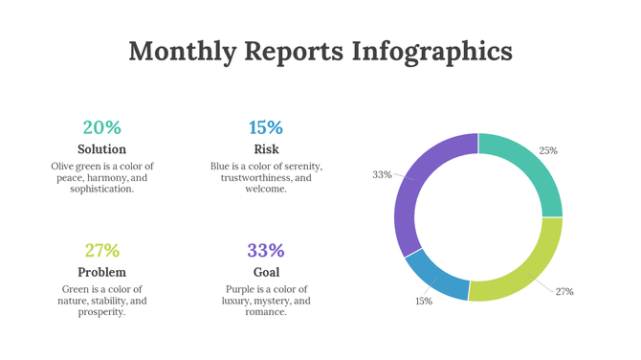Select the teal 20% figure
(101, 127)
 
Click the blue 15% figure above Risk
(266, 127)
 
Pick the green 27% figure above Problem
(101, 251)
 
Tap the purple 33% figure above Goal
(266, 251)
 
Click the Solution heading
(101, 149)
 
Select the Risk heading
(266, 149)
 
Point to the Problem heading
(101, 273)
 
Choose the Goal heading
(266, 273)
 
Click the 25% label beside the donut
(548, 150)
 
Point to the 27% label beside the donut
(564, 291)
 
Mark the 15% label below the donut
(424, 301)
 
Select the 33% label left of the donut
(382, 174)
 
